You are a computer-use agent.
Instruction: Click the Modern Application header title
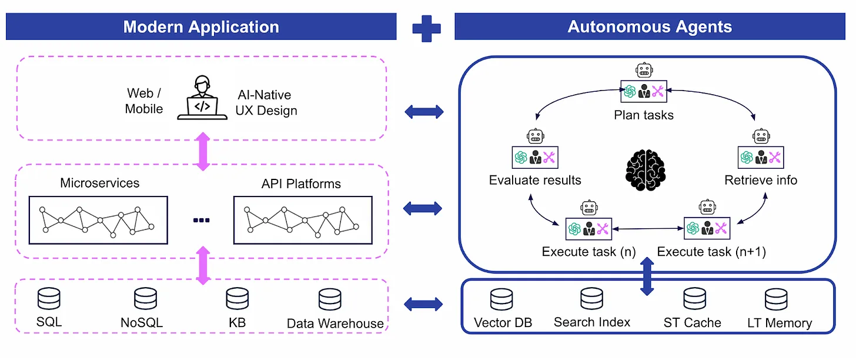point(201,27)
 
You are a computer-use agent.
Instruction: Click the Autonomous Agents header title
point(649,27)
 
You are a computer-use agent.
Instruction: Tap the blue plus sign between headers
point(426,28)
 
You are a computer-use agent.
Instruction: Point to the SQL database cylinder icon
point(49,299)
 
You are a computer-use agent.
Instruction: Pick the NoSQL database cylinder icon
point(145,299)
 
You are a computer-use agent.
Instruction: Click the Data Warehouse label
point(335,324)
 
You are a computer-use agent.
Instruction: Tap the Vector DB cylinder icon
point(501,299)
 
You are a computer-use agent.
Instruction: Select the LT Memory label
point(780,323)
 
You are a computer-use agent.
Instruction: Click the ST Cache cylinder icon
point(694,299)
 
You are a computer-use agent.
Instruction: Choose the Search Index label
point(592,322)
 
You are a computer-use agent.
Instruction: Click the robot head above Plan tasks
point(644,71)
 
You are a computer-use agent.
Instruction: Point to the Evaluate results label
point(535,180)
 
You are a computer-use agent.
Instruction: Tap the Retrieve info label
point(761,180)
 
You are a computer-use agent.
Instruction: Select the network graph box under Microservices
point(98,221)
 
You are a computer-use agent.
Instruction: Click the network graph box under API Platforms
point(303,221)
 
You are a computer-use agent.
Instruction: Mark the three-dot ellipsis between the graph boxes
point(201,221)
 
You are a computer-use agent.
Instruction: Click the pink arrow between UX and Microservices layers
point(202,152)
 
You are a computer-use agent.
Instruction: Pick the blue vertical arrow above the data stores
point(647,275)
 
